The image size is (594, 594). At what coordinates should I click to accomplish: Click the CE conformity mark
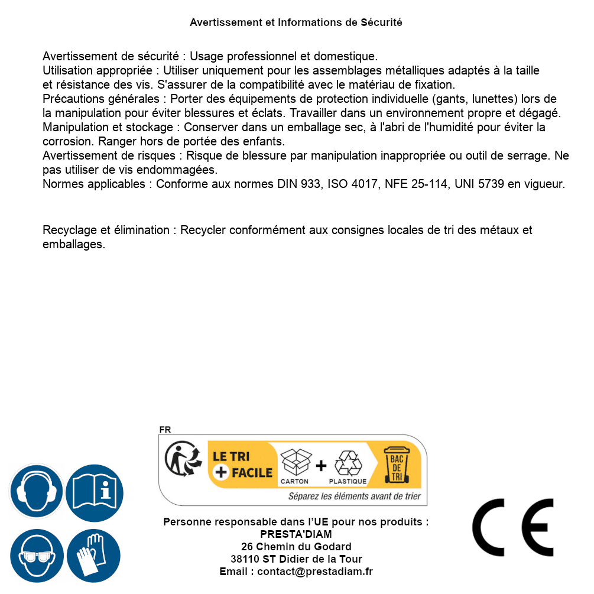512,527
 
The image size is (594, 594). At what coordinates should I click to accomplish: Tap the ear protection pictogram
36,491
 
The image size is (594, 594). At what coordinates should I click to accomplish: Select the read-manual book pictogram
94,491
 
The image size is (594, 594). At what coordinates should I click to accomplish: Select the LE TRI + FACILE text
242,465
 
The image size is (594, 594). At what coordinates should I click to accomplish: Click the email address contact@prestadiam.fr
315,572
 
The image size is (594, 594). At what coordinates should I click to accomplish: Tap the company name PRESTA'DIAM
296,534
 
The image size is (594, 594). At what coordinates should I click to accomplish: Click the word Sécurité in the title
381,22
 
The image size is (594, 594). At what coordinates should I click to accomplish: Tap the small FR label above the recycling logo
165,430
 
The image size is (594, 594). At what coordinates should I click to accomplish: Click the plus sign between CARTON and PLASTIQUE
321,465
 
